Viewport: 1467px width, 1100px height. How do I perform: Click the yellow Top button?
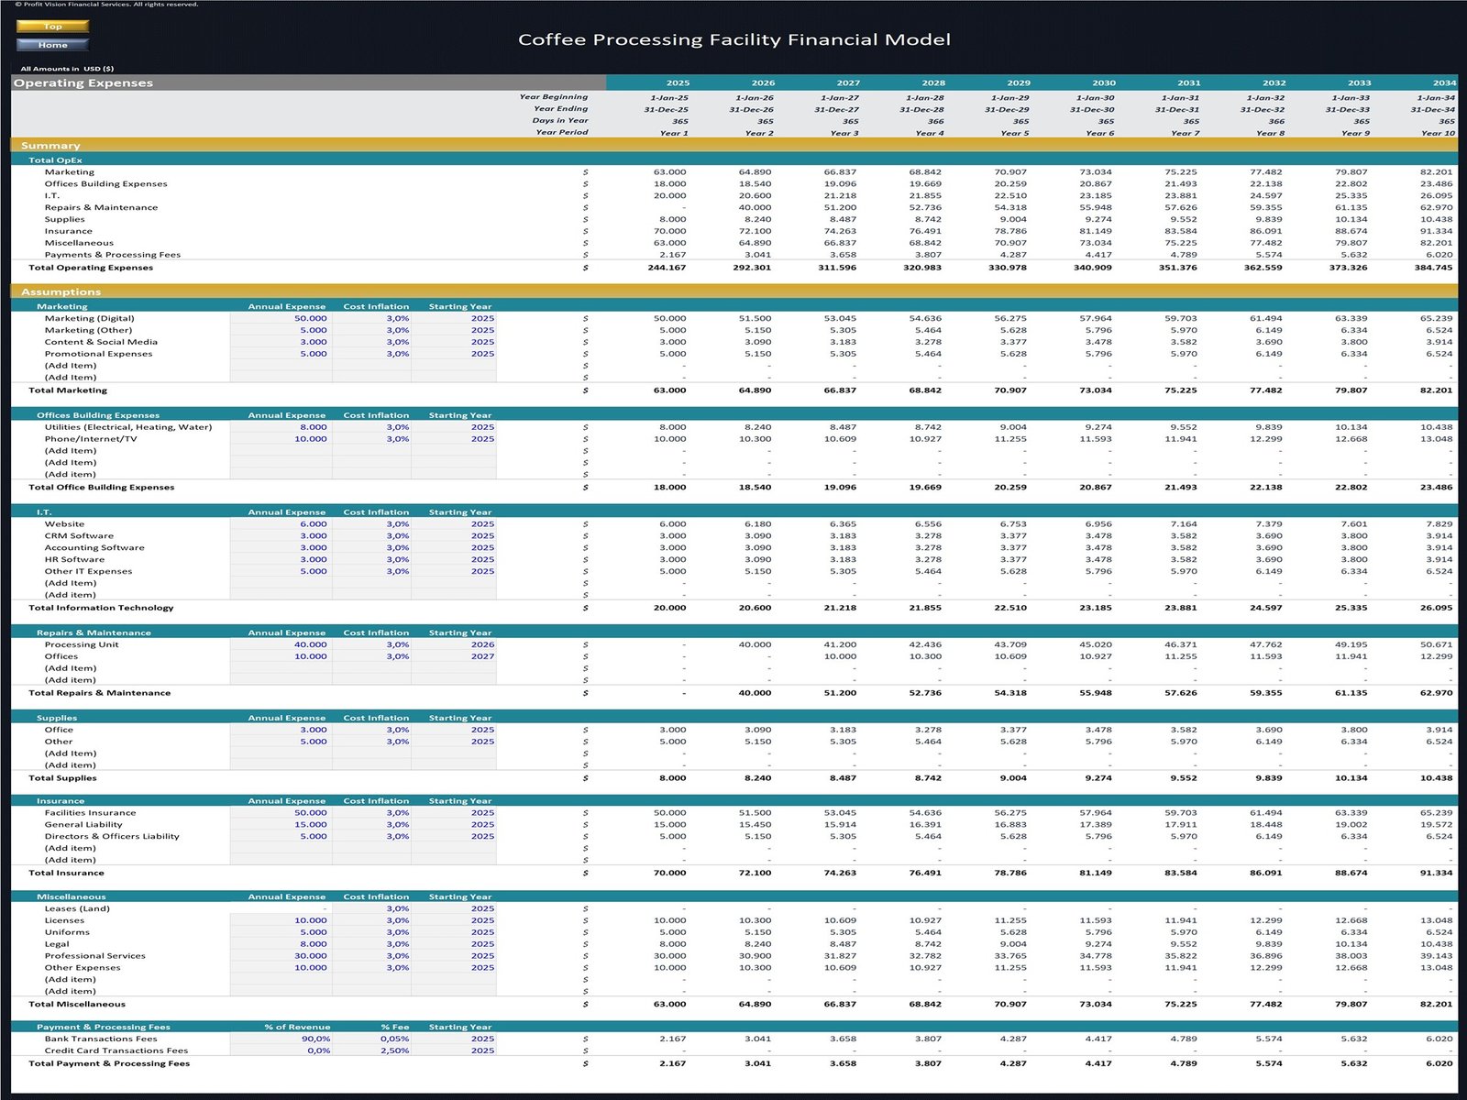click(52, 27)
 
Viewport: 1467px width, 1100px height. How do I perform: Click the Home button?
click(52, 45)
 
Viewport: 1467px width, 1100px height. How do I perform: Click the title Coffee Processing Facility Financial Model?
click(733, 39)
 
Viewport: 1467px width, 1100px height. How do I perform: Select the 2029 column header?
click(1018, 82)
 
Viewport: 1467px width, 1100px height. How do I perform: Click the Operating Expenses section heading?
click(83, 82)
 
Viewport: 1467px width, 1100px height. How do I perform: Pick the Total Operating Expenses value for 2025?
click(669, 268)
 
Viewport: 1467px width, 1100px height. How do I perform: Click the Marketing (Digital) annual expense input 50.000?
click(310, 318)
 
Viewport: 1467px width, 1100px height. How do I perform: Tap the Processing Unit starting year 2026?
click(482, 644)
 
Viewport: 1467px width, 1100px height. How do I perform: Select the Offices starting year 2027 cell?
click(482, 656)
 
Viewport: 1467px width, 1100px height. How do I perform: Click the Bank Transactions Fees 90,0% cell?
click(315, 1039)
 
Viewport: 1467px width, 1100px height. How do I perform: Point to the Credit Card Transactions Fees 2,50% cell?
click(395, 1050)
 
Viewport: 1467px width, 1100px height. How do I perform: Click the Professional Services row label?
click(94, 956)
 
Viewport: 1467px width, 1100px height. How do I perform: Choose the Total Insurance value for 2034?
click(1436, 873)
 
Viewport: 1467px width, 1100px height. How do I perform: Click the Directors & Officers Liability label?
click(112, 836)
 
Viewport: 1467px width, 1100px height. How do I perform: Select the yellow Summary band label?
click(50, 146)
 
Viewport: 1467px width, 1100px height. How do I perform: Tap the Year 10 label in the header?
click(1437, 133)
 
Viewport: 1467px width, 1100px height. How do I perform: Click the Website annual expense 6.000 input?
click(313, 524)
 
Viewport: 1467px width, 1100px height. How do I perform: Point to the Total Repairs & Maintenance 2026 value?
click(755, 693)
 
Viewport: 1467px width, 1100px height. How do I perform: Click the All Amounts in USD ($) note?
click(67, 69)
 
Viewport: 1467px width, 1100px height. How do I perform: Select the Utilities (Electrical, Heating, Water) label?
click(127, 427)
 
